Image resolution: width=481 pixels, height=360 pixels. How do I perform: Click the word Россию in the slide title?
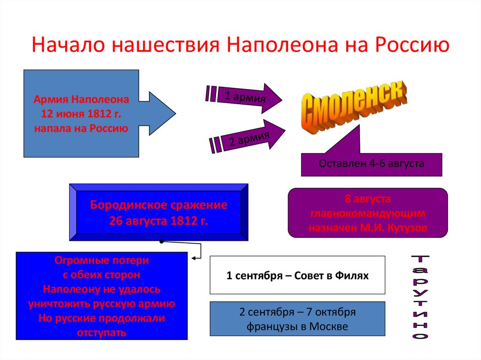[x=411, y=46]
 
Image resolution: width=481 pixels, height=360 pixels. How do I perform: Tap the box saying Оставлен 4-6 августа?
[x=371, y=164]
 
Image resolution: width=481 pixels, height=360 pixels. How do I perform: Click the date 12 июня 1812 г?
[x=81, y=114]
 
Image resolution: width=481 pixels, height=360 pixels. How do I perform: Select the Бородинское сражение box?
[x=158, y=212]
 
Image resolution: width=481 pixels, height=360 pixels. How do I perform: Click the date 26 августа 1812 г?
[x=158, y=221]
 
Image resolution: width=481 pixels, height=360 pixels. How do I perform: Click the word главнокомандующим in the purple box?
[x=368, y=214]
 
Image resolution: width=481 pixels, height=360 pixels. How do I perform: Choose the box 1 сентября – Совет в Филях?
[x=297, y=276]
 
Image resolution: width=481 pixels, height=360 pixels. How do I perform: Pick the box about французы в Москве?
[x=297, y=319]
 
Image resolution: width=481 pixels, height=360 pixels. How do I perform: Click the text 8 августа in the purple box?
[x=368, y=199]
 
